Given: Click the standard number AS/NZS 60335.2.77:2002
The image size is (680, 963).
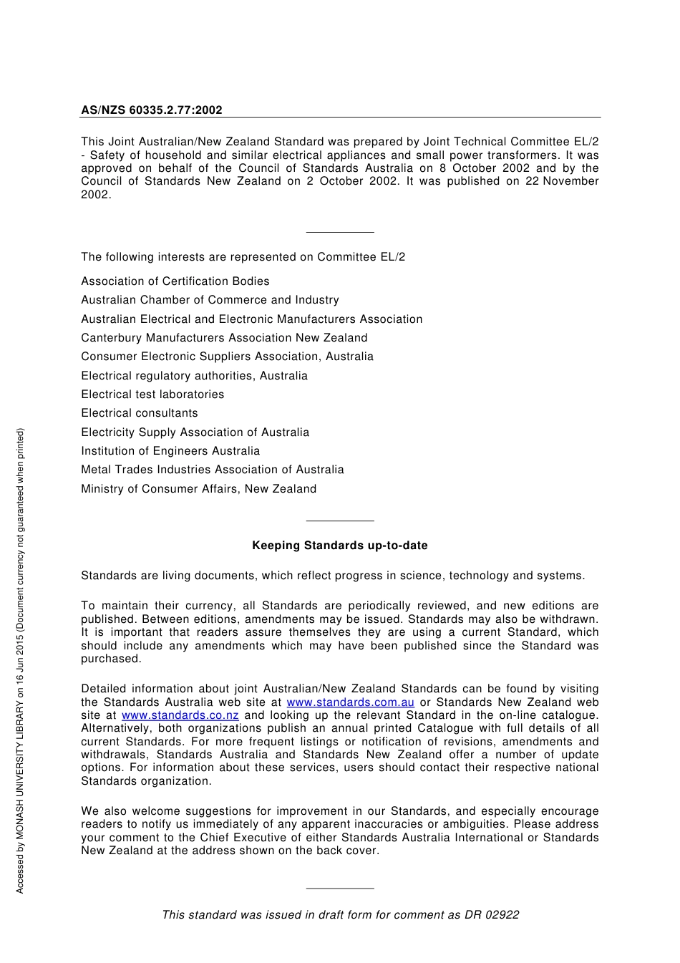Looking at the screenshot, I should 151,110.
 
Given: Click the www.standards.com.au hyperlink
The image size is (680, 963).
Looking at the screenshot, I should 350,702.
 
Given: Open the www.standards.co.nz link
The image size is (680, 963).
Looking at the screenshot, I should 180,715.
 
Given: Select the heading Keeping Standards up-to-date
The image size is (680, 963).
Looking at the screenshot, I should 339,546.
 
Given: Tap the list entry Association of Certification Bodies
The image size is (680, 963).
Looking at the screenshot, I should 175,281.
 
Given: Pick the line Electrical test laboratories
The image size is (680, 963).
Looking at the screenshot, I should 152,395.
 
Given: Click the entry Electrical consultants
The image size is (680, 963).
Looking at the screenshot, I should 140,413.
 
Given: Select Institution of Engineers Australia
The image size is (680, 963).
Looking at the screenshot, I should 170,451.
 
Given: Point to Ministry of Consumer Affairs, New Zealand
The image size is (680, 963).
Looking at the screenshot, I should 198,489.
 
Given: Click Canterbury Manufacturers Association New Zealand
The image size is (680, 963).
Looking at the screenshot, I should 224,338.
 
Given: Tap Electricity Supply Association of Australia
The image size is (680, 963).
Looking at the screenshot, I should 195,432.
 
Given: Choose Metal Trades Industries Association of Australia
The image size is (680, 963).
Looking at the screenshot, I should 212,470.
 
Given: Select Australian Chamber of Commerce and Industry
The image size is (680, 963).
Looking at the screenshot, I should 210,300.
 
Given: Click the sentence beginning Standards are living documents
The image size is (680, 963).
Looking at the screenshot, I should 333,576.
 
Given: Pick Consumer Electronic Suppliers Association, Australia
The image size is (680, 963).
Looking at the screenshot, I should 227,357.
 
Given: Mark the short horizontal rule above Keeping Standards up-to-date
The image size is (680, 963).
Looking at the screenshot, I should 339,521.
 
